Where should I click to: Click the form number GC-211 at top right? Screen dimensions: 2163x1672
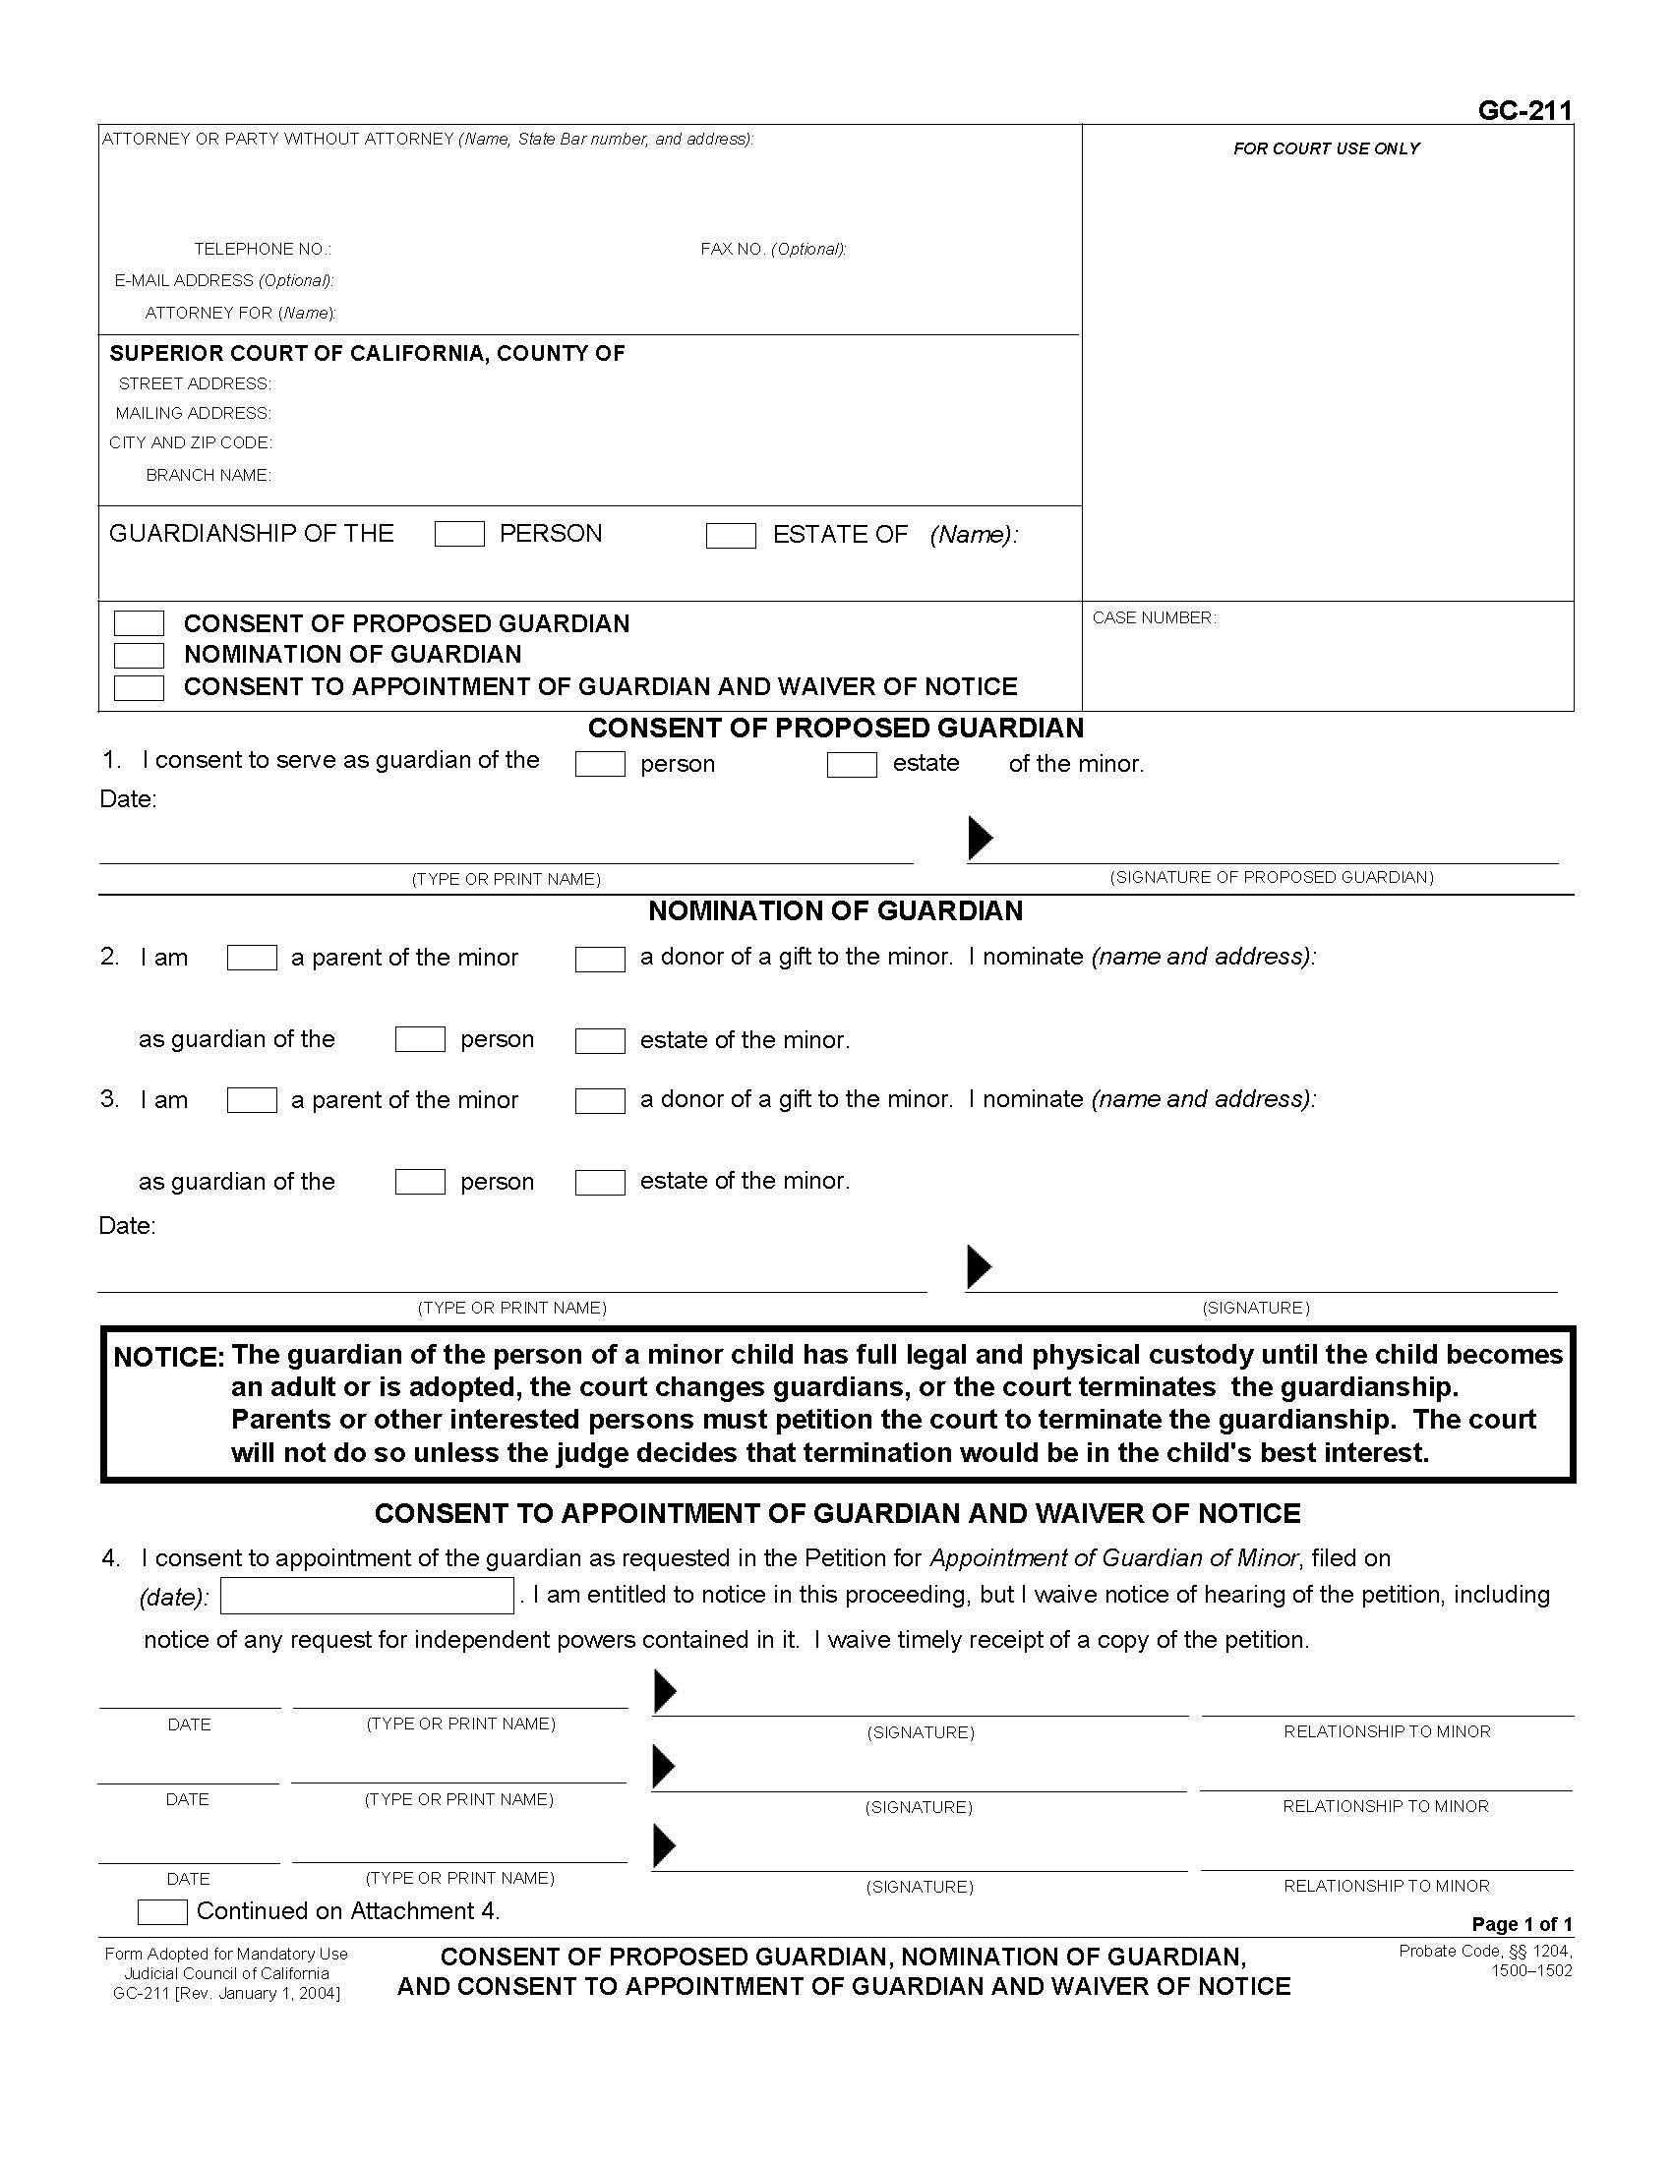pos(1523,111)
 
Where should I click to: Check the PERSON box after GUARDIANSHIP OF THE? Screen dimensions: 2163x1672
pos(459,535)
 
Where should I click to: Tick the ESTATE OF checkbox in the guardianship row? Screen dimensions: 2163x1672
pos(730,536)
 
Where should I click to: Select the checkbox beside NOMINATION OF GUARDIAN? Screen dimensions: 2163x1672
pos(139,656)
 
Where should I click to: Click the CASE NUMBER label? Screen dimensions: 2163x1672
pos(1154,618)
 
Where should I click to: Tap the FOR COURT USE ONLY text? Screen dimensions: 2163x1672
pos(1327,148)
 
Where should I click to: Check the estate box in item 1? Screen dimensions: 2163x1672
pos(852,765)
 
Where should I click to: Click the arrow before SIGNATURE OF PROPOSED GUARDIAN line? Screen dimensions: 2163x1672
pos(980,838)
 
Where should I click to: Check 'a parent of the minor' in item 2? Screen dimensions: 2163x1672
pos(252,958)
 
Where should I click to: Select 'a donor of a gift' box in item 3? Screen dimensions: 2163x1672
pos(599,1100)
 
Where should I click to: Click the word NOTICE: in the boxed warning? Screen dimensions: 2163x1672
pos(169,1357)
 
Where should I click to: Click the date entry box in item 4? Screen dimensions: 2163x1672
pos(367,1596)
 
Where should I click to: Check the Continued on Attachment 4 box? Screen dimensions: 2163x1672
pos(161,1911)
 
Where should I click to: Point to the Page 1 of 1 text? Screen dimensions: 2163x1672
pos(1522,1924)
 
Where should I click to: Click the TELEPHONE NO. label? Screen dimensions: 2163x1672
pos(263,250)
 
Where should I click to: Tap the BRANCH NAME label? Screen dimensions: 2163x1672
pos(208,476)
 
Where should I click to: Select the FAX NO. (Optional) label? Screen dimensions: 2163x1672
pos(773,250)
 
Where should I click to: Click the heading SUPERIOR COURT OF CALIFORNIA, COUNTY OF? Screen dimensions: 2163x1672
pos(367,354)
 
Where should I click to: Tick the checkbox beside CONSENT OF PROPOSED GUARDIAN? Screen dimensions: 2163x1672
pos(139,624)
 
